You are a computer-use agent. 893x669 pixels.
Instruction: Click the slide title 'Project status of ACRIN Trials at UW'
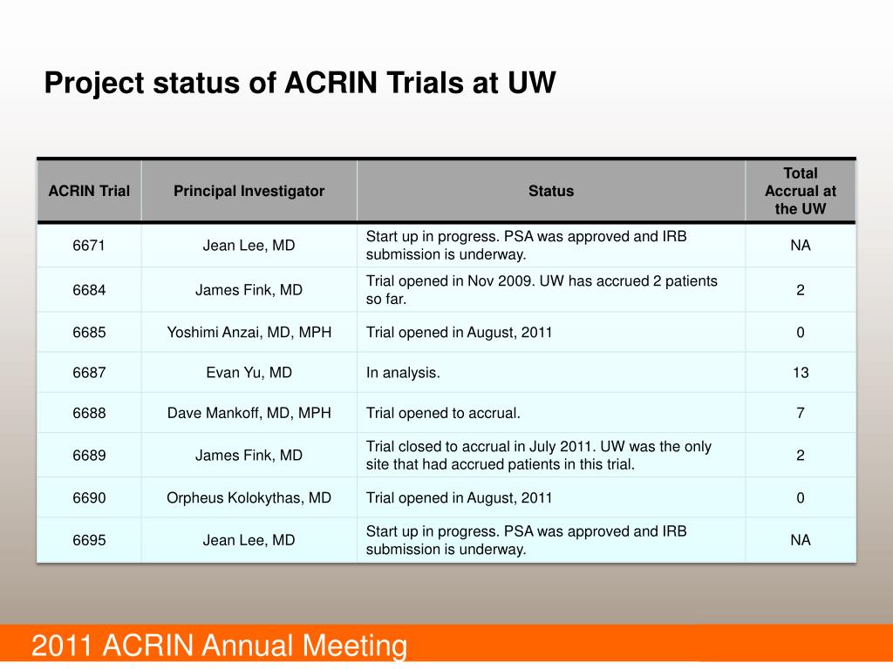300,84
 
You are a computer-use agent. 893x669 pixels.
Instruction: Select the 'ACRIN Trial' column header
89,191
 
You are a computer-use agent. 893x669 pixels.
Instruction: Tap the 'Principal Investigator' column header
249,191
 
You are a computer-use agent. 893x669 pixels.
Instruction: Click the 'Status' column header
551,191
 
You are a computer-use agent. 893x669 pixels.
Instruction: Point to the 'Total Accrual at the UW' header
800,191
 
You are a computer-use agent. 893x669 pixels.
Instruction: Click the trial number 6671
89,246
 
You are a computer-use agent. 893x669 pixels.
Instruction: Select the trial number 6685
89,332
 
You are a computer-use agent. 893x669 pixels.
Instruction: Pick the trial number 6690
89,498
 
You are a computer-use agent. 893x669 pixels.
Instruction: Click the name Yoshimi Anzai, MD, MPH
249,332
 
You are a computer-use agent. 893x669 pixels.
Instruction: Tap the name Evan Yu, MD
249,373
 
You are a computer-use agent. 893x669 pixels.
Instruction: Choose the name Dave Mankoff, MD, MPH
249,413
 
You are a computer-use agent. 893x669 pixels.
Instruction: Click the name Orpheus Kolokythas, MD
249,498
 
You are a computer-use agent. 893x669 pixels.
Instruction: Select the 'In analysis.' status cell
403,373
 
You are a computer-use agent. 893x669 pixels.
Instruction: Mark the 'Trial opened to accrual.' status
443,413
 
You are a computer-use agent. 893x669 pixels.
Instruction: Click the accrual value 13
800,373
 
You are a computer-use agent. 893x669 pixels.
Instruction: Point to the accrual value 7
800,413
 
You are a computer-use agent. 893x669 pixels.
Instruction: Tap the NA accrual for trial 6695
800,540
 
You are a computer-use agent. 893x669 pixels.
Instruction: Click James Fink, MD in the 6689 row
249,456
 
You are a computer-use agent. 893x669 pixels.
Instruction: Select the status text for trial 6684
542,290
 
